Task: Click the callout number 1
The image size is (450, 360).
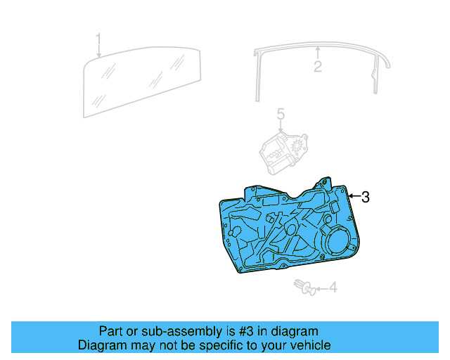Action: click(99, 39)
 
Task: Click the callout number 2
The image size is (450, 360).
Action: click(318, 67)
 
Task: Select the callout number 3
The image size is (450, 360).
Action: click(365, 197)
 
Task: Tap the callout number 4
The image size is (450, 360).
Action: click(333, 288)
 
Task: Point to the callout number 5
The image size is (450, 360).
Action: click(280, 115)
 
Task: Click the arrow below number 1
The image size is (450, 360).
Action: click(99, 51)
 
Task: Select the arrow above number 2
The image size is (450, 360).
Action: click(318, 53)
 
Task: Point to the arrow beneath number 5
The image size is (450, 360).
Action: click(280, 127)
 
